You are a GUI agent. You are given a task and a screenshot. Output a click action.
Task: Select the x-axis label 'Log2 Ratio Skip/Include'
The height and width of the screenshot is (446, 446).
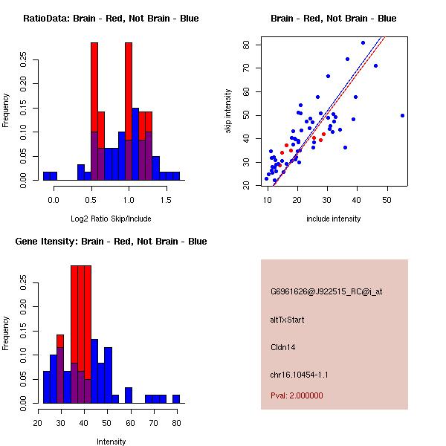tap(111, 219)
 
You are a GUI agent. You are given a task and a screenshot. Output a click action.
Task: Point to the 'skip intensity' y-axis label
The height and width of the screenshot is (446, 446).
tap(229, 111)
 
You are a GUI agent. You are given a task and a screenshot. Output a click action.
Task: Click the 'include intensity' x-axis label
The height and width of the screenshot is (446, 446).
tap(333, 219)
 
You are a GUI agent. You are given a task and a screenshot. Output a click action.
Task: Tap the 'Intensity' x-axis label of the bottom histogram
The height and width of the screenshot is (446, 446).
tap(111, 442)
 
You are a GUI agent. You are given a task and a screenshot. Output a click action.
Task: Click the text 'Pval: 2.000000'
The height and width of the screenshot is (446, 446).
tap(297, 395)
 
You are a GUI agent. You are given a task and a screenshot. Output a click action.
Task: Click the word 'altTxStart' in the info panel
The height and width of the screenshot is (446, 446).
tap(288, 320)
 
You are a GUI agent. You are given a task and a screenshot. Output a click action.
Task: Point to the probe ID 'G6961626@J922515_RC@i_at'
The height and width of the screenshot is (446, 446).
tap(326, 292)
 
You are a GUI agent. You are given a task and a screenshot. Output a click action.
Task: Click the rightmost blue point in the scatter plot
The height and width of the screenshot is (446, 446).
tap(402, 115)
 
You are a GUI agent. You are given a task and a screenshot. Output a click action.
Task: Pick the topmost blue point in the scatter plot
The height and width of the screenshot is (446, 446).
tap(363, 42)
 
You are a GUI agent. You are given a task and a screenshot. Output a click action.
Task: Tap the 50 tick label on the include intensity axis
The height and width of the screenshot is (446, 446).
tap(387, 200)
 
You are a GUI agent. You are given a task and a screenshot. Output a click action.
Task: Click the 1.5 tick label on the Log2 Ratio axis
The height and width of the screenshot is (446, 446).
tap(166, 200)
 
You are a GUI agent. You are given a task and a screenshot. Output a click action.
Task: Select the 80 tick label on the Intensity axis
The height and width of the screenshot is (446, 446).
tap(176, 423)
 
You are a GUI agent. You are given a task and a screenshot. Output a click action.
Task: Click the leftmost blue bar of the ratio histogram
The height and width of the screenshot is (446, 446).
tap(49, 175)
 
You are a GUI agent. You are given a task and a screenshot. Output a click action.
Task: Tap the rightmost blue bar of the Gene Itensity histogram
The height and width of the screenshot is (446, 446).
tap(176, 398)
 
